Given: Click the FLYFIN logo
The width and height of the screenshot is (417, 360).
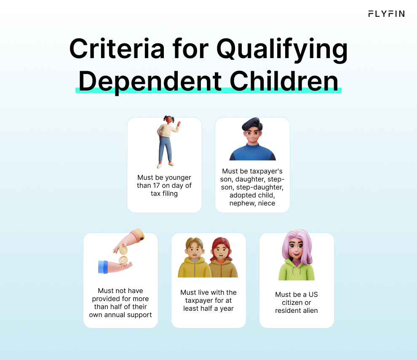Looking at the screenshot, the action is pyautogui.click(x=386, y=14).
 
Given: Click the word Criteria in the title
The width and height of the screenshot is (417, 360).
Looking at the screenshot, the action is pyautogui.click(x=117, y=49).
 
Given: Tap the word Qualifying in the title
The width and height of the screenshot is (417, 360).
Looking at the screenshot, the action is pyautogui.click(x=282, y=50).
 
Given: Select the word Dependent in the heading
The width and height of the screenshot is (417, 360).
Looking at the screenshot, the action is pyautogui.click(x=150, y=82).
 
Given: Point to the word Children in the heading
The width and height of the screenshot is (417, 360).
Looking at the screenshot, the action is pyautogui.click(x=284, y=80).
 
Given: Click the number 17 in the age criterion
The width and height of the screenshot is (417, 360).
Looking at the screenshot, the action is pyautogui.click(x=157, y=186).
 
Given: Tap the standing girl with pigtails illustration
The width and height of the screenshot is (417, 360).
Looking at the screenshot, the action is pyautogui.click(x=168, y=142).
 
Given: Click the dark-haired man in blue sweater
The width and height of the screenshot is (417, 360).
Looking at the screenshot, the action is pyautogui.click(x=253, y=139).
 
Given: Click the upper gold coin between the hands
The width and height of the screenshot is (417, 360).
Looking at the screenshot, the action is pyautogui.click(x=123, y=250).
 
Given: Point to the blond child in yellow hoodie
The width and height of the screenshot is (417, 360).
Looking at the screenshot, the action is pyautogui.click(x=193, y=257).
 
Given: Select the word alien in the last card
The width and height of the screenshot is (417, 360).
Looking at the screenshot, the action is pyautogui.click(x=310, y=311).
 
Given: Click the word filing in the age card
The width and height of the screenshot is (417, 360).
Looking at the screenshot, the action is pyautogui.click(x=170, y=194).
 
